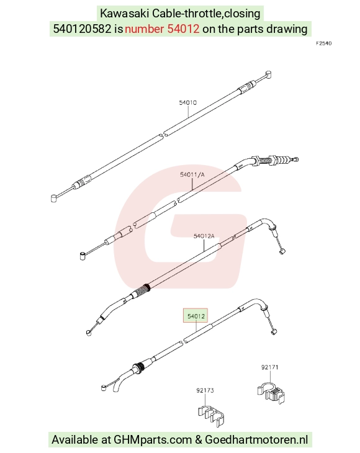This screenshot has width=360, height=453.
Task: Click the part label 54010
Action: click(188, 102)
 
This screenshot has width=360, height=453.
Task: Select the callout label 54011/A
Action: click(192, 174)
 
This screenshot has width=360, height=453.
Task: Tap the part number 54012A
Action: click(204, 236)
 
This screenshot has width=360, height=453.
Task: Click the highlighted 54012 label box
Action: click(196, 316)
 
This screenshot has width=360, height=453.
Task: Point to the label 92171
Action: click(269, 367)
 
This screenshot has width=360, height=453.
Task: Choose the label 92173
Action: click(205, 390)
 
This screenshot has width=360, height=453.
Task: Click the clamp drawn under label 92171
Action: click(271, 393)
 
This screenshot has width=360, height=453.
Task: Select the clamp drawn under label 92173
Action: click(212, 415)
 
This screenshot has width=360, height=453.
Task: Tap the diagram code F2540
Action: click(323, 43)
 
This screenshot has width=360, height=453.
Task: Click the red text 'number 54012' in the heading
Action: click(162, 29)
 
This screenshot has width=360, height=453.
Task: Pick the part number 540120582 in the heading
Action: click(82, 29)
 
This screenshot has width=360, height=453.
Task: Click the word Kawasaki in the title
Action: click(124, 13)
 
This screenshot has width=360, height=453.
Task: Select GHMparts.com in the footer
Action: click(153, 440)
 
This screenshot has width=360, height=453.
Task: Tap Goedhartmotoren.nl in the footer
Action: click(256, 440)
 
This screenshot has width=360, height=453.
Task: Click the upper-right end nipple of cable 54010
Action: click(268, 74)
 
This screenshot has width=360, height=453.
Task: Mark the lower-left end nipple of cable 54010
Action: click(54, 198)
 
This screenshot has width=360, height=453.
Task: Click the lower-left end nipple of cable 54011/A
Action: click(83, 256)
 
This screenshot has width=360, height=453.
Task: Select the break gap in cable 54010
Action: click(163, 135)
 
